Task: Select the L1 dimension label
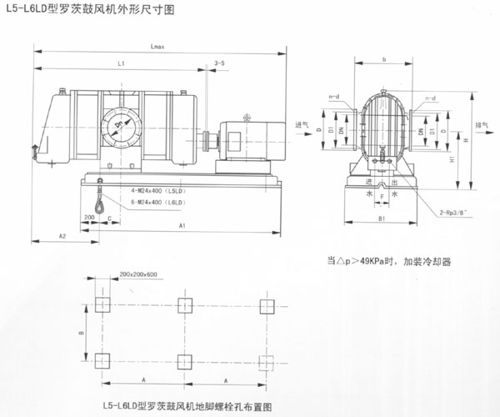coord(121,64)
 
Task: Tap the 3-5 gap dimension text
coord(219,64)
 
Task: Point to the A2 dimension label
coord(62,237)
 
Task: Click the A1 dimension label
coord(182,226)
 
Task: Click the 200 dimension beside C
coord(89,216)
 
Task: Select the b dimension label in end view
coord(383,59)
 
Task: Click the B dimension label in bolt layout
coord(81,332)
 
